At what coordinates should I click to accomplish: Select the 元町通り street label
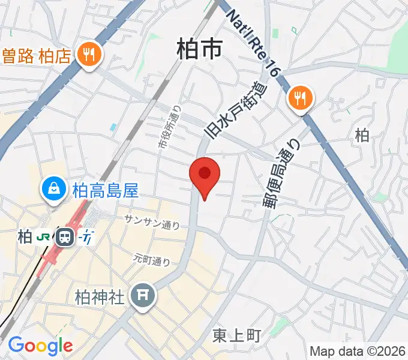pos(152,260)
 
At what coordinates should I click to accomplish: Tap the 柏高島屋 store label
pos(105,191)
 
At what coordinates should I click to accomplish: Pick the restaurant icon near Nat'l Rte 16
pos(299,98)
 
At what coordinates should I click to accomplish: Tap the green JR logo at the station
pos(43,237)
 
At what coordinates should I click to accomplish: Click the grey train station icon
pos(64,237)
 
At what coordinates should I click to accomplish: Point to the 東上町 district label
pos(237,336)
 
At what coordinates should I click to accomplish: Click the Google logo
pos(40,345)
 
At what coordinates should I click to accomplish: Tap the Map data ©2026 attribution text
pos(358,351)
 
